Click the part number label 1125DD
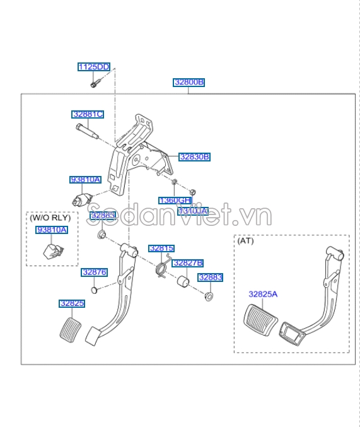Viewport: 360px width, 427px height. coord(93,67)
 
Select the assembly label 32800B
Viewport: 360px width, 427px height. coord(189,83)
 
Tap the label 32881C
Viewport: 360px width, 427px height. coord(87,114)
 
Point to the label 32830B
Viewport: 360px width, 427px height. coord(194,156)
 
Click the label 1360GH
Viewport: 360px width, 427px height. coord(175,200)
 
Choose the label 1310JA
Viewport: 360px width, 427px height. coord(192,211)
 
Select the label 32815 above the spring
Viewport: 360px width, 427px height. coord(161,249)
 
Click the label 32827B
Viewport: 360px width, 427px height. coord(188,262)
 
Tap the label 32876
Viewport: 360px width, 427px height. coord(94,272)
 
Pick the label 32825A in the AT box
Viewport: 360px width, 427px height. coord(263,294)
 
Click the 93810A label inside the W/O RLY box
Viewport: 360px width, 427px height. coord(52,230)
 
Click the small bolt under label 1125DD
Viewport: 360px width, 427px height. coord(93,81)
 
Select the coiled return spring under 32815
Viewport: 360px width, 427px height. coord(162,268)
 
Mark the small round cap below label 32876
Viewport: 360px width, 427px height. coord(94,290)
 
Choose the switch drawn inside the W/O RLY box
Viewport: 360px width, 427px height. coord(50,252)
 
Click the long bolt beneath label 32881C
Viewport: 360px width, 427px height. coord(87,131)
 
